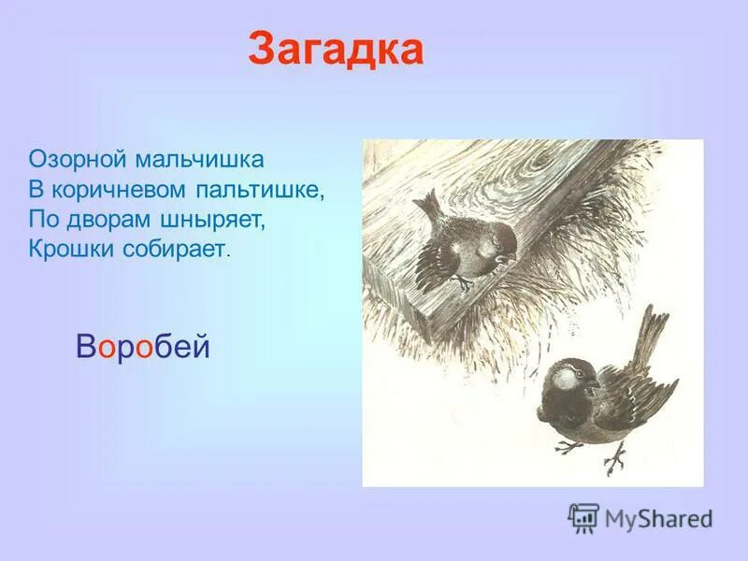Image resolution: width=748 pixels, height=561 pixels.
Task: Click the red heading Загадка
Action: point(336,50)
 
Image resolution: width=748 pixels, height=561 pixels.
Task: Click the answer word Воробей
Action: point(143,348)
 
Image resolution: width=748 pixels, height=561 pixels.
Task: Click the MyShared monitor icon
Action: point(583,517)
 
